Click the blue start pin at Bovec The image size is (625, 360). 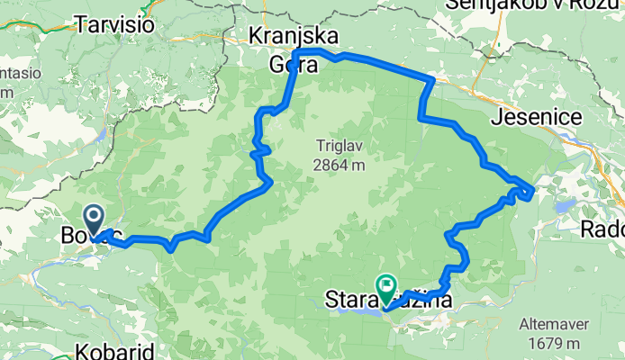93,217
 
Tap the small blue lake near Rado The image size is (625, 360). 566,206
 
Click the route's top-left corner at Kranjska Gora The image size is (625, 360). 296,53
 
